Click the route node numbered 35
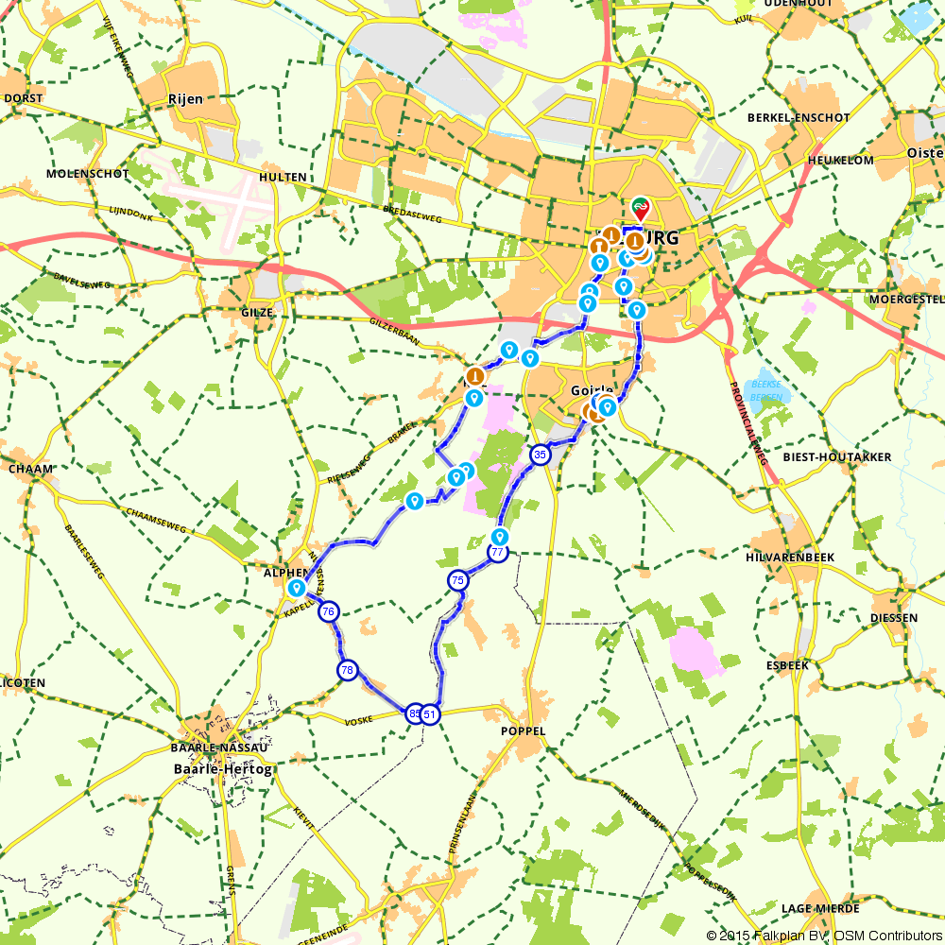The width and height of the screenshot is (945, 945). point(540,455)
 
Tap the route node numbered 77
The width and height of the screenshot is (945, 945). point(498,553)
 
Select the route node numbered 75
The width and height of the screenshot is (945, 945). point(458,580)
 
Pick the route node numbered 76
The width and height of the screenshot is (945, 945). point(328,611)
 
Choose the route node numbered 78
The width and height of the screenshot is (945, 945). point(348,670)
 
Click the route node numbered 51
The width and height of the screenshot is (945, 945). point(430,714)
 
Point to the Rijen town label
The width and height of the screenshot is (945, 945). point(185,98)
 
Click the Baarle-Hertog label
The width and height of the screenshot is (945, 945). point(223,769)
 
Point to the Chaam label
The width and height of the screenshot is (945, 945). point(29,468)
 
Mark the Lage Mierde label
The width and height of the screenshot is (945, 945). point(820,908)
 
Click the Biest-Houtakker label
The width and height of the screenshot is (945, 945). point(837,456)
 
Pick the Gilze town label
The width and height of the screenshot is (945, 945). point(256,312)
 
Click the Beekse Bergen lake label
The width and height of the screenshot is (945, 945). point(766,391)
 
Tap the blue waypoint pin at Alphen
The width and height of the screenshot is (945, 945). point(296,588)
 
